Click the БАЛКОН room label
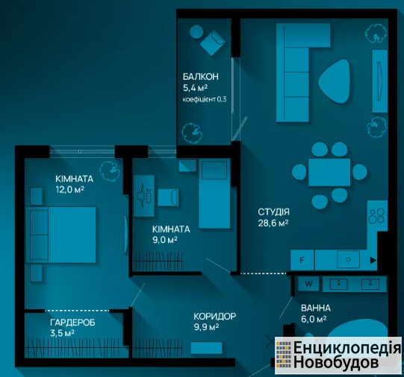(x=200, y=77)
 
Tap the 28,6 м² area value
(x=273, y=223)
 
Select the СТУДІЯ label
(x=273, y=212)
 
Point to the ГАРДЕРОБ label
(x=72, y=323)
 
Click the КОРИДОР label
(x=214, y=316)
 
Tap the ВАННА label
(x=316, y=308)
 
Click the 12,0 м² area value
(x=70, y=190)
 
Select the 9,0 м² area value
(x=164, y=240)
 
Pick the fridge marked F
(x=302, y=260)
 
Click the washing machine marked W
(x=308, y=284)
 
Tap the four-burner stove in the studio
(x=376, y=215)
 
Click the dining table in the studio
(x=329, y=172)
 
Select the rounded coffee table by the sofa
(x=335, y=81)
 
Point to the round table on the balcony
(x=196, y=31)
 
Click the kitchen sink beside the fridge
(x=348, y=259)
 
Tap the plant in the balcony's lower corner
(x=192, y=133)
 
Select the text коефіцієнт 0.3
(x=205, y=99)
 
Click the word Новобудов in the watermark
(x=336, y=363)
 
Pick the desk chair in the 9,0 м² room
(x=168, y=197)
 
